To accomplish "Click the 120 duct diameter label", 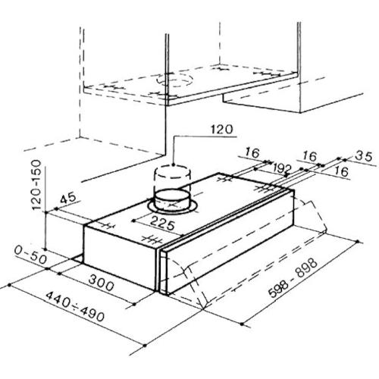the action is pyautogui.click(x=222, y=130).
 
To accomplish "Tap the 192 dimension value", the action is pyautogui.click(x=282, y=168).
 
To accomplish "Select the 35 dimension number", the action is pyautogui.click(x=363, y=156).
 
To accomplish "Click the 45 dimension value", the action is pyautogui.click(x=68, y=198).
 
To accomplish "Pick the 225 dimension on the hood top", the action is pyautogui.click(x=162, y=223).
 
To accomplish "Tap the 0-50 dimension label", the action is pyautogui.click(x=30, y=255).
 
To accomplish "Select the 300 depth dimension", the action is pyautogui.click(x=102, y=283).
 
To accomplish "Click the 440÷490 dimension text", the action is pyautogui.click(x=75, y=306).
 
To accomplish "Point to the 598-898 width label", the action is pyautogui.click(x=293, y=278).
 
